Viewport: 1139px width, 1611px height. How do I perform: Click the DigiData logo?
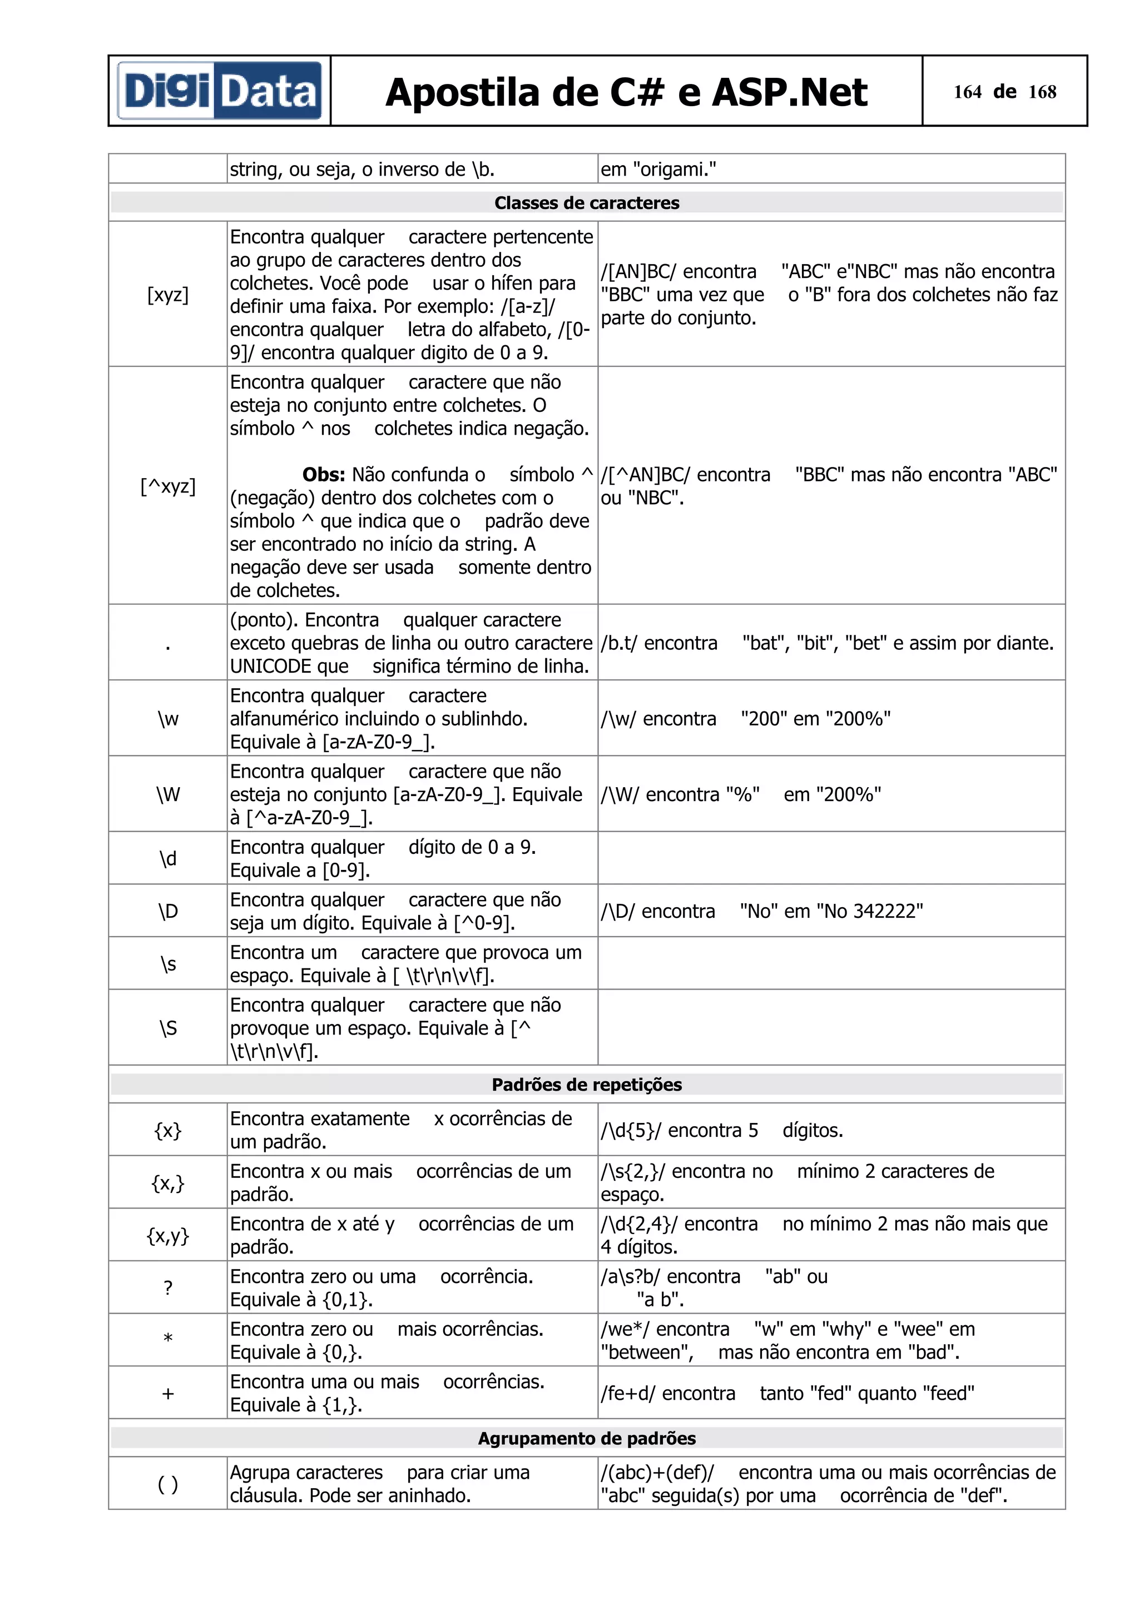click(x=219, y=91)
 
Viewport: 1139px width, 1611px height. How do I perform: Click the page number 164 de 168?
click(x=1004, y=92)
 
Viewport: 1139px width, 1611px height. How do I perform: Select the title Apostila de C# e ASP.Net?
click(x=626, y=93)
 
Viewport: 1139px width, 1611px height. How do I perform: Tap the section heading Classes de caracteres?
click(x=587, y=203)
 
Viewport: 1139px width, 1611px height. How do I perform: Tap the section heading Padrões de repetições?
click(x=587, y=1085)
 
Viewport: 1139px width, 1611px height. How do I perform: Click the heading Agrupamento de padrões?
click(x=587, y=1439)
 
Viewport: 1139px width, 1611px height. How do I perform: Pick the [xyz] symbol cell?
click(x=168, y=295)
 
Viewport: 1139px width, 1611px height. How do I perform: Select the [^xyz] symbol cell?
click(x=168, y=485)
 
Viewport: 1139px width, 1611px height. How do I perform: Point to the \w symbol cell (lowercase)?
click(x=168, y=718)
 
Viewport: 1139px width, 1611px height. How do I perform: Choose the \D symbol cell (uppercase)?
click(x=168, y=911)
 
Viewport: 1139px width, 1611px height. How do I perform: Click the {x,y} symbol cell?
click(x=168, y=1236)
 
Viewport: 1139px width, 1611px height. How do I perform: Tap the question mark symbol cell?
click(x=168, y=1288)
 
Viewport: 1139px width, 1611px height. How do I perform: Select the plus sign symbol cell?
click(x=168, y=1394)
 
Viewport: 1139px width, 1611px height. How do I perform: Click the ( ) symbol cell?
click(x=168, y=1484)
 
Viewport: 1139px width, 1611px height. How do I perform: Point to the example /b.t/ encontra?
click(x=658, y=643)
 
